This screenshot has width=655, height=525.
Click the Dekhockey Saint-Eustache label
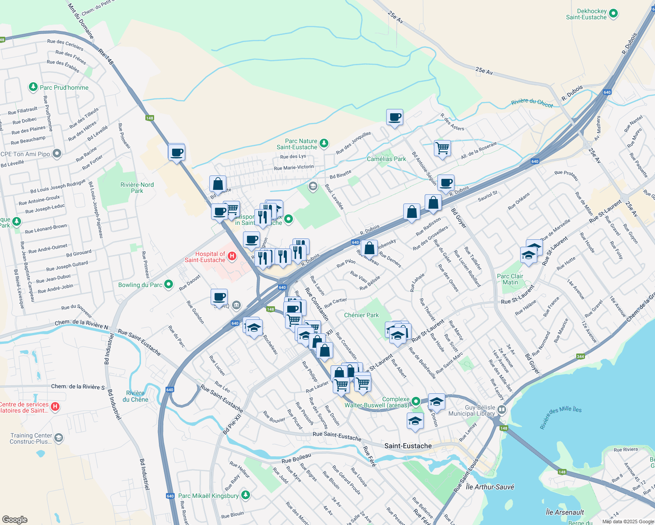[586, 14]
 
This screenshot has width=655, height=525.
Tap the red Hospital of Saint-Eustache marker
[232, 256]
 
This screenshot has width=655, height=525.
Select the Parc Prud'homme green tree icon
[33, 87]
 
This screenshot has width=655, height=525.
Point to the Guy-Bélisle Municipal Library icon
[502, 410]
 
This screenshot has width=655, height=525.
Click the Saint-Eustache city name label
[408, 446]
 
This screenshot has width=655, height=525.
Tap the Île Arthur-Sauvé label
[490, 486]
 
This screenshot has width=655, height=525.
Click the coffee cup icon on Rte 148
[176, 153]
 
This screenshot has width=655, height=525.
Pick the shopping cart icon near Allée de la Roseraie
[442, 148]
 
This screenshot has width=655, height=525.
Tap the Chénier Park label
[361, 315]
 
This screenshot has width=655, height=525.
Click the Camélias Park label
[386, 159]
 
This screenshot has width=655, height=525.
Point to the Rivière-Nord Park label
[137, 188]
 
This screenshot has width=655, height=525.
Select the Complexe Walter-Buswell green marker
[416, 401]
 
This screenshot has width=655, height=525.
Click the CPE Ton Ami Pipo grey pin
[57, 154]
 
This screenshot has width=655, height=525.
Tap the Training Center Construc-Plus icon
[59, 437]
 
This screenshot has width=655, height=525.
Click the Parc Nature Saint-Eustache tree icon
[324, 143]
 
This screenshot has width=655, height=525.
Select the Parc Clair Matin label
[510, 279]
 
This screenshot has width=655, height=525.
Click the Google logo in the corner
[14, 519]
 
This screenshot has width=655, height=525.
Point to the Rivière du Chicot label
[532, 103]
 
